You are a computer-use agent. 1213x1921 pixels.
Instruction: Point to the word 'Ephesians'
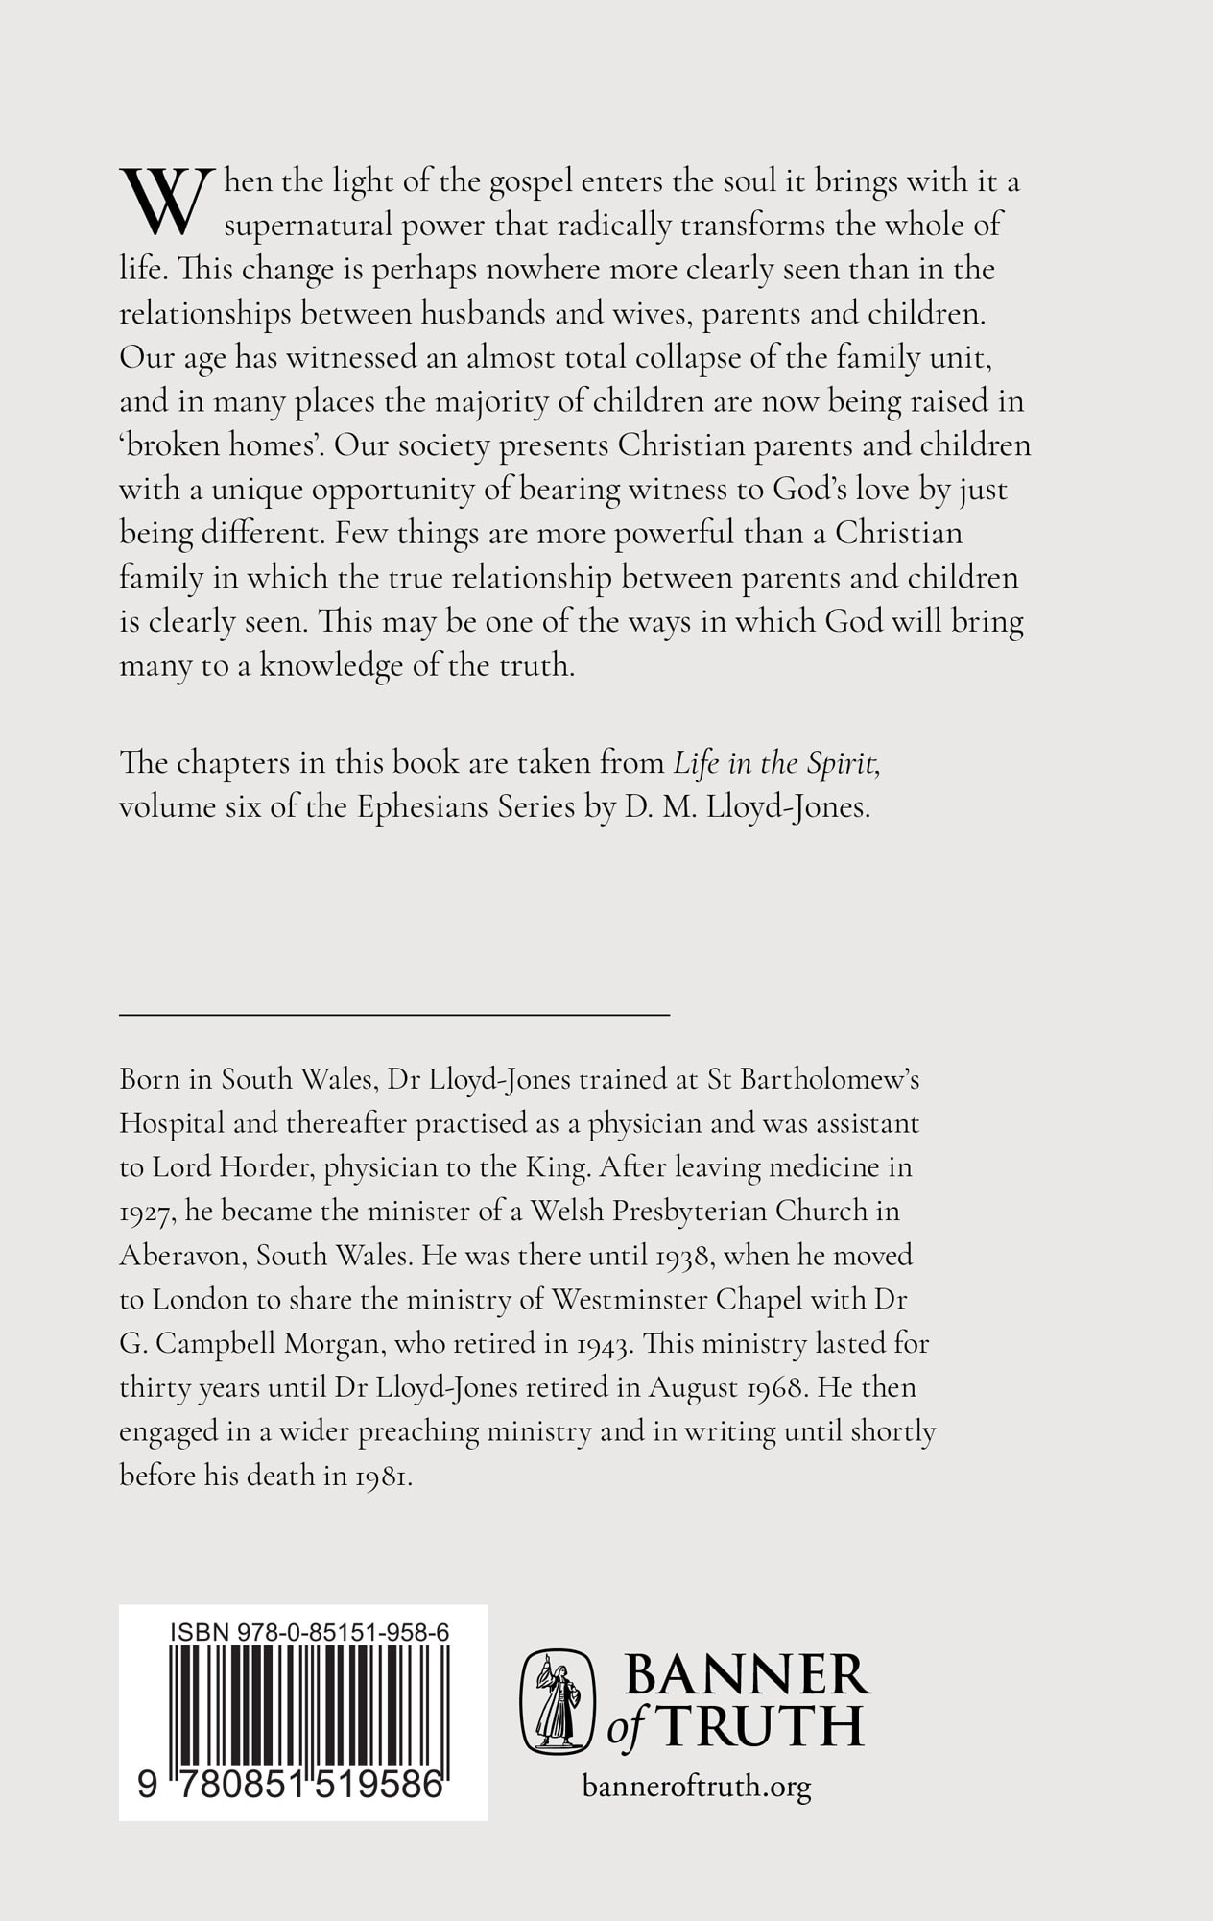pyautogui.click(x=422, y=807)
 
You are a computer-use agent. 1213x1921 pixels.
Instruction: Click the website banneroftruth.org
pyautogui.click(x=697, y=1787)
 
